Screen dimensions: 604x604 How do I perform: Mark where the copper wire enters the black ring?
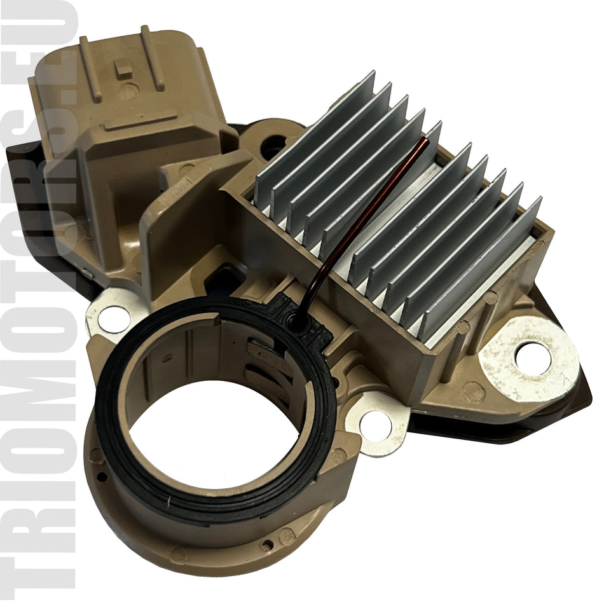pos(296,322)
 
